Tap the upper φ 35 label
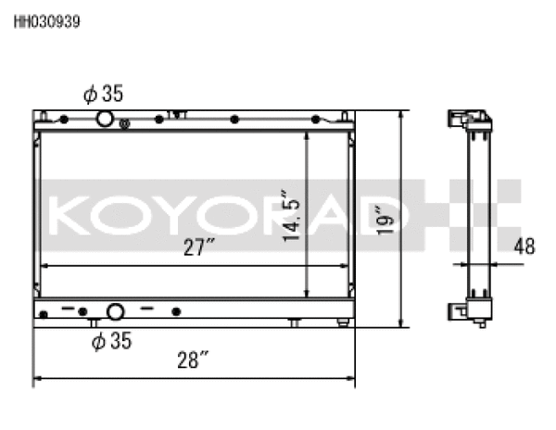click(x=103, y=94)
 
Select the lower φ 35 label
click(x=110, y=341)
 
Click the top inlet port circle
click(x=105, y=119)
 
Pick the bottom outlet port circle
click(x=115, y=311)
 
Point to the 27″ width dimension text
click(x=198, y=247)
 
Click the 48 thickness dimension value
click(x=524, y=247)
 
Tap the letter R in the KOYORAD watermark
click(x=310, y=215)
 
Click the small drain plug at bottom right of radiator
click(x=343, y=322)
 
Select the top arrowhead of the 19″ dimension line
click(x=401, y=115)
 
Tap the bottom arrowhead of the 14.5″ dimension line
click(x=307, y=292)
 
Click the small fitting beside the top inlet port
click(x=125, y=122)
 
